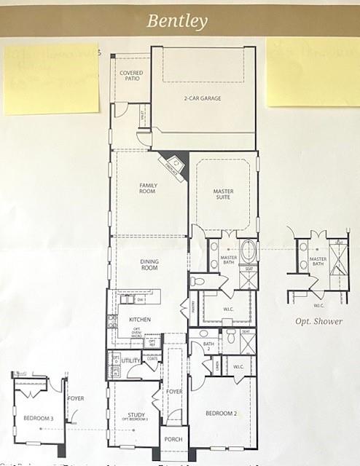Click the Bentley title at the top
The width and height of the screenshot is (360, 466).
click(x=178, y=20)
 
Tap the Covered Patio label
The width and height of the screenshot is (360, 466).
click(x=131, y=76)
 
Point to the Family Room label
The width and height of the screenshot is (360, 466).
click(x=148, y=188)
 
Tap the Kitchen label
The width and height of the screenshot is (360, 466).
click(x=139, y=320)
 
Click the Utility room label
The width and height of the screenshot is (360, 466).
click(x=131, y=360)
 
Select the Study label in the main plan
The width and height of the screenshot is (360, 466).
click(x=136, y=416)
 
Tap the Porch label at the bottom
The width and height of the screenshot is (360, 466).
click(x=173, y=440)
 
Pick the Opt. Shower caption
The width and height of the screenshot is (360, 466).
click(x=318, y=321)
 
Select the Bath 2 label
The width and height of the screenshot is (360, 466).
click(x=208, y=346)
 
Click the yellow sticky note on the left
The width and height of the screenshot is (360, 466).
click(x=50, y=79)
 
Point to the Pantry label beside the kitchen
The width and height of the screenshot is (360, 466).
click(x=194, y=309)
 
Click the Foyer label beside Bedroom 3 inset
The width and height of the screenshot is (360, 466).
click(x=76, y=399)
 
